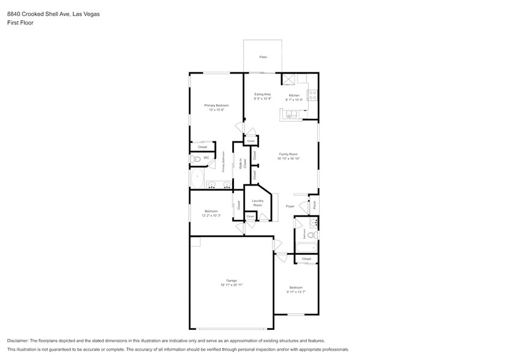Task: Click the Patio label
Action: click(x=263, y=57)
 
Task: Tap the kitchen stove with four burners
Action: click(x=312, y=96)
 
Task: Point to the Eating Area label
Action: click(x=263, y=94)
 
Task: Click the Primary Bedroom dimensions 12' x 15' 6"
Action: click(x=216, y=110)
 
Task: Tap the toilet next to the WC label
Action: click(x=195, y=159)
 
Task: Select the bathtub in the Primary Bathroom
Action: click(x=197, y=179)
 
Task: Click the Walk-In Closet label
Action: click(x=244, y=164)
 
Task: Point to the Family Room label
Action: click(x=288, y=154)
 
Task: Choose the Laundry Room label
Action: click(x=257, y=203)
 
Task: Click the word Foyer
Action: click(x=290, y=206)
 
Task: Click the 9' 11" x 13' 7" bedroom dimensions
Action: click(x=296, y=292)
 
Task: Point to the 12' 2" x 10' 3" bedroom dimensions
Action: click(x=211, y=216)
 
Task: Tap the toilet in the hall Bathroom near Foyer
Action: click(x=311, y=235)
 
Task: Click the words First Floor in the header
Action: click(x=20, y=23)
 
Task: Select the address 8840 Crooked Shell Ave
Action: click(x=37, y=13)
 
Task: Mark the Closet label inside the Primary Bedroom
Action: click(x=202, y=147)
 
